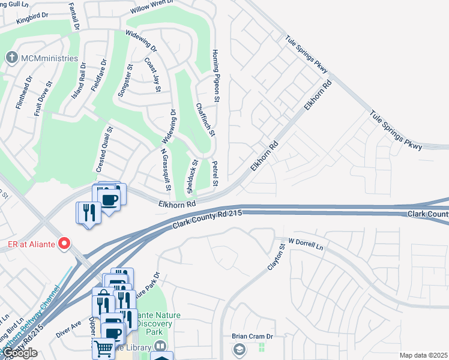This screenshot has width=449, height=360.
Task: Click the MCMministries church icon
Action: (x=11, y=58)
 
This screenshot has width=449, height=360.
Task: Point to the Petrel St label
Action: (x=215, y=172)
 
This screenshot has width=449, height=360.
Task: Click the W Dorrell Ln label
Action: (x=306, y=244)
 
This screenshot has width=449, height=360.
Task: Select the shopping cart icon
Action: (x=103, y=347)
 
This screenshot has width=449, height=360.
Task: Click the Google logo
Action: (x=20, y=353)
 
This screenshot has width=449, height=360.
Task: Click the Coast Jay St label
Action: (x=152, y=74)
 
